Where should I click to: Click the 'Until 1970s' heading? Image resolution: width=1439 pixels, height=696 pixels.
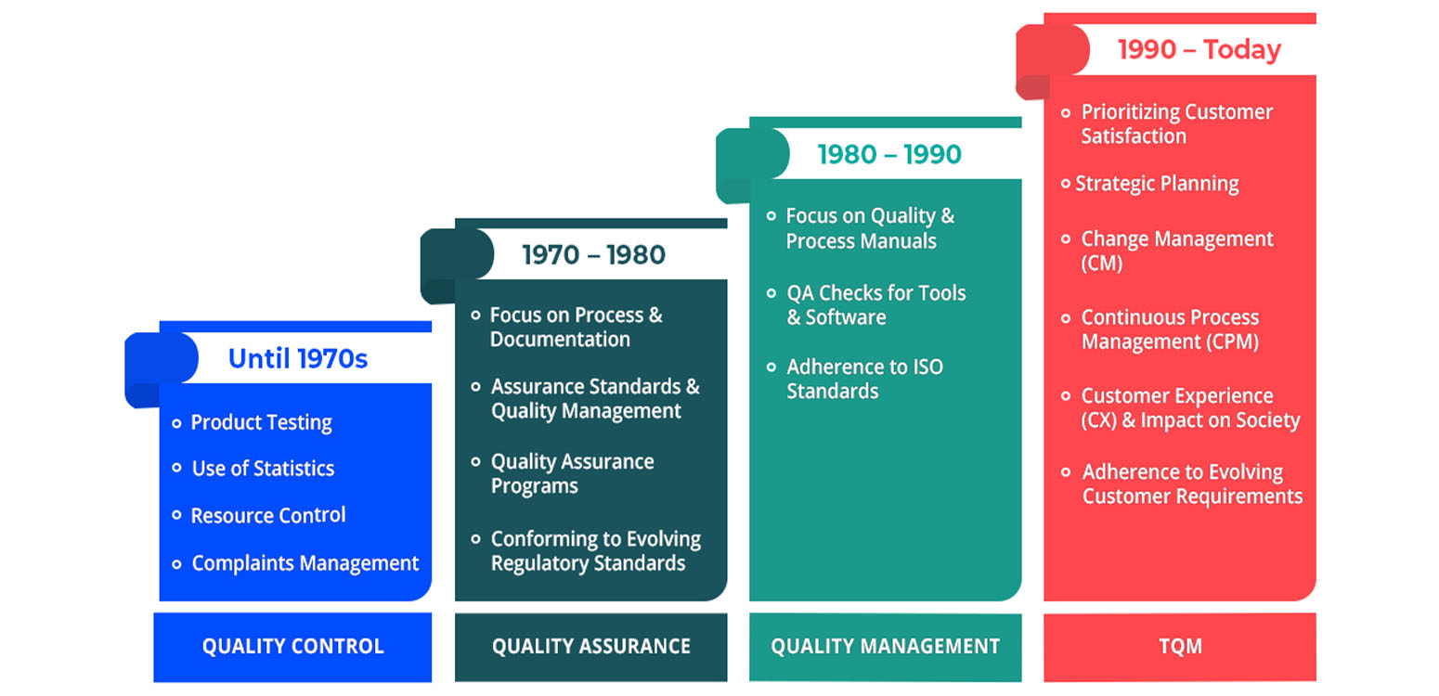tap(298, 358)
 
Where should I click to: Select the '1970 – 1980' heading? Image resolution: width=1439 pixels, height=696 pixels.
tap(593, 255)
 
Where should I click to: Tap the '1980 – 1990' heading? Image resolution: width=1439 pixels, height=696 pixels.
tap(889, 154)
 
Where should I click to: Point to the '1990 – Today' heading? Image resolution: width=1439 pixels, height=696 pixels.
tap(1199, 49)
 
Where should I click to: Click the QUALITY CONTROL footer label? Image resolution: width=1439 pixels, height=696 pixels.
tap(293, 646)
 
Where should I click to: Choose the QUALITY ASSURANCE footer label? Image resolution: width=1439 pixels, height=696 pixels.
tap(591, 646)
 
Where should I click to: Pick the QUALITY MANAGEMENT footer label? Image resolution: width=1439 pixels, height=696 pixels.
tap(886, 646)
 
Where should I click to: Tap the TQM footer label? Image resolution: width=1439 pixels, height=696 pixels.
tap(1180, 646)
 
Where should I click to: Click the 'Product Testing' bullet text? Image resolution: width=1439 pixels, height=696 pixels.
tap(262, 422)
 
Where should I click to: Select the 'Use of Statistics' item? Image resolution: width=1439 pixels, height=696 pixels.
tap(264, 469)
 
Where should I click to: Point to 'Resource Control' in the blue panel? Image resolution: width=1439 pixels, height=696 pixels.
tap(268, 515)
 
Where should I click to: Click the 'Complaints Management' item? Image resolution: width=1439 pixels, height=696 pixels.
tap(305, 563)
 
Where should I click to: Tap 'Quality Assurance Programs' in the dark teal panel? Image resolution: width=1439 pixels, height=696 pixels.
tap(573, 474)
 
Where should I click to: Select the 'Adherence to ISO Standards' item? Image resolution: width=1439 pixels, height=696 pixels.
tap(864, 379)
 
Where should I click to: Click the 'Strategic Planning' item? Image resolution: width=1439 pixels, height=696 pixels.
tap(1157, 184)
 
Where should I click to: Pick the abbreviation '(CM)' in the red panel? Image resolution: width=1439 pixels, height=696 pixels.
tap(1102, 264)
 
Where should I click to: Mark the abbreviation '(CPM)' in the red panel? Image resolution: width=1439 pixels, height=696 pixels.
tap(1232, 342)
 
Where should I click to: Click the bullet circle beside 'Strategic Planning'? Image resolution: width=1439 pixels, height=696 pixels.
tap(1065, 184)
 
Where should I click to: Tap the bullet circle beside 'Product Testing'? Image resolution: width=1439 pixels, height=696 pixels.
tap(176, 423)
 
